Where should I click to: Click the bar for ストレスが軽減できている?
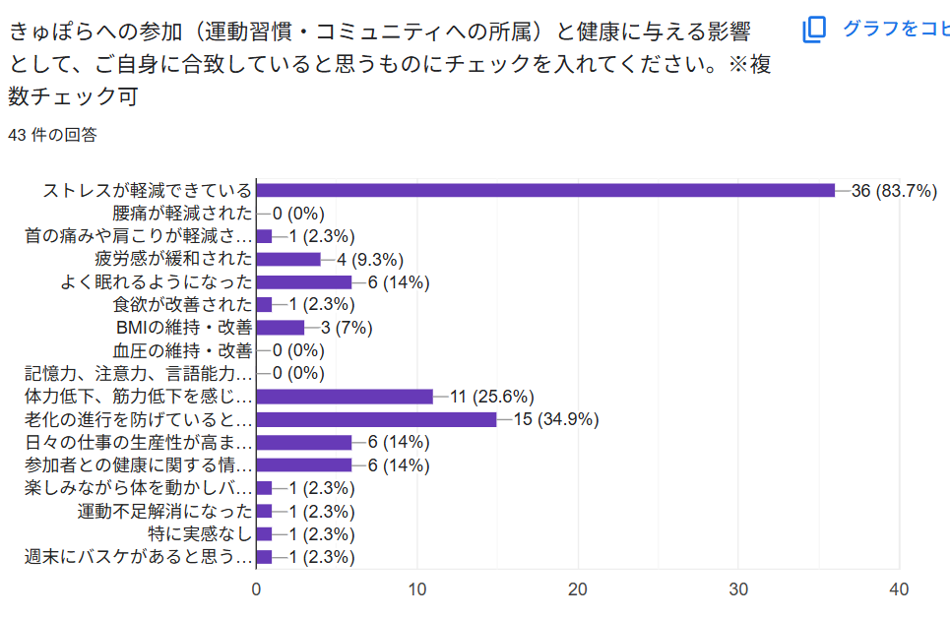coord(545,190)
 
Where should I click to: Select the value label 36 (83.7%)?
coord(893,191)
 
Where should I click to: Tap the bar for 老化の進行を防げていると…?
coord(376,419)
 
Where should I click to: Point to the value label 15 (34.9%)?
coord(555,420)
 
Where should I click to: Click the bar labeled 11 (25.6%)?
coord(345,397)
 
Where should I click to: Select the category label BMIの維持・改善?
coord(183,328)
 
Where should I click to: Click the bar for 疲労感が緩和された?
coord(288,259)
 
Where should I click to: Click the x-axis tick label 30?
coord(738,589)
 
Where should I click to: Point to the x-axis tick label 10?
coord(417,589)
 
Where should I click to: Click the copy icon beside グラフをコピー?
coord(814,30)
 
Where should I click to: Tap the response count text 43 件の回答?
coord(52,135)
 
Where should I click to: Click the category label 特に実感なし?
coord(200,534)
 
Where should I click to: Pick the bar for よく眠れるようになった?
coord(304,282)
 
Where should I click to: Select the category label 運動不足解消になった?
coord(164,512)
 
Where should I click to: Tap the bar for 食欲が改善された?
coord(264,305)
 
